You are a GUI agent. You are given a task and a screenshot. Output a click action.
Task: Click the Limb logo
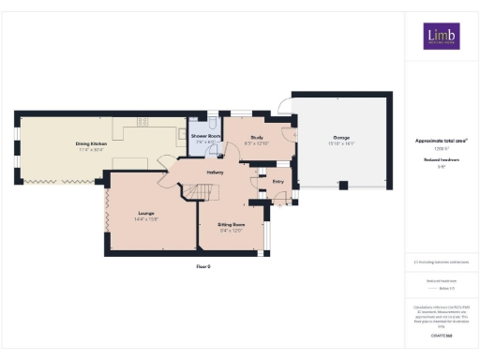(441, 36)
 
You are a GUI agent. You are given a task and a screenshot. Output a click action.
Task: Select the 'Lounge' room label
(145, 214)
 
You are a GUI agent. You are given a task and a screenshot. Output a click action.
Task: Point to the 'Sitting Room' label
(232, 225)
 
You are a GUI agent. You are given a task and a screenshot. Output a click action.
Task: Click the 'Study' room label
(256, 137)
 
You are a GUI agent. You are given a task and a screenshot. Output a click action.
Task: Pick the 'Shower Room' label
(206, 137)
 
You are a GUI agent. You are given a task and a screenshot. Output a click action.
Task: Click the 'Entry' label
(278, 182)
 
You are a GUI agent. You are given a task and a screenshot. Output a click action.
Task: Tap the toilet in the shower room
(213, 123)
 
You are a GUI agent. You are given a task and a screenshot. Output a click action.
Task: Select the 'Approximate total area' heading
(441, 141)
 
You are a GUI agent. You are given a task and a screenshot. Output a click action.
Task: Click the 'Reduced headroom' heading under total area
(441, 160)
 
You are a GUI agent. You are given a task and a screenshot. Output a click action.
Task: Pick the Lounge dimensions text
(145, 219)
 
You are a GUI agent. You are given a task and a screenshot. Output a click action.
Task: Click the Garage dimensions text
(338, 144)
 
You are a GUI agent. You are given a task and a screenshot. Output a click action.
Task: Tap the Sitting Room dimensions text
(232, 231)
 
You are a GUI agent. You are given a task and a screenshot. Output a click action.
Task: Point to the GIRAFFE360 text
(441, 335)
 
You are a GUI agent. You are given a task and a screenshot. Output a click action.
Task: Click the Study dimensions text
(256, 142)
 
